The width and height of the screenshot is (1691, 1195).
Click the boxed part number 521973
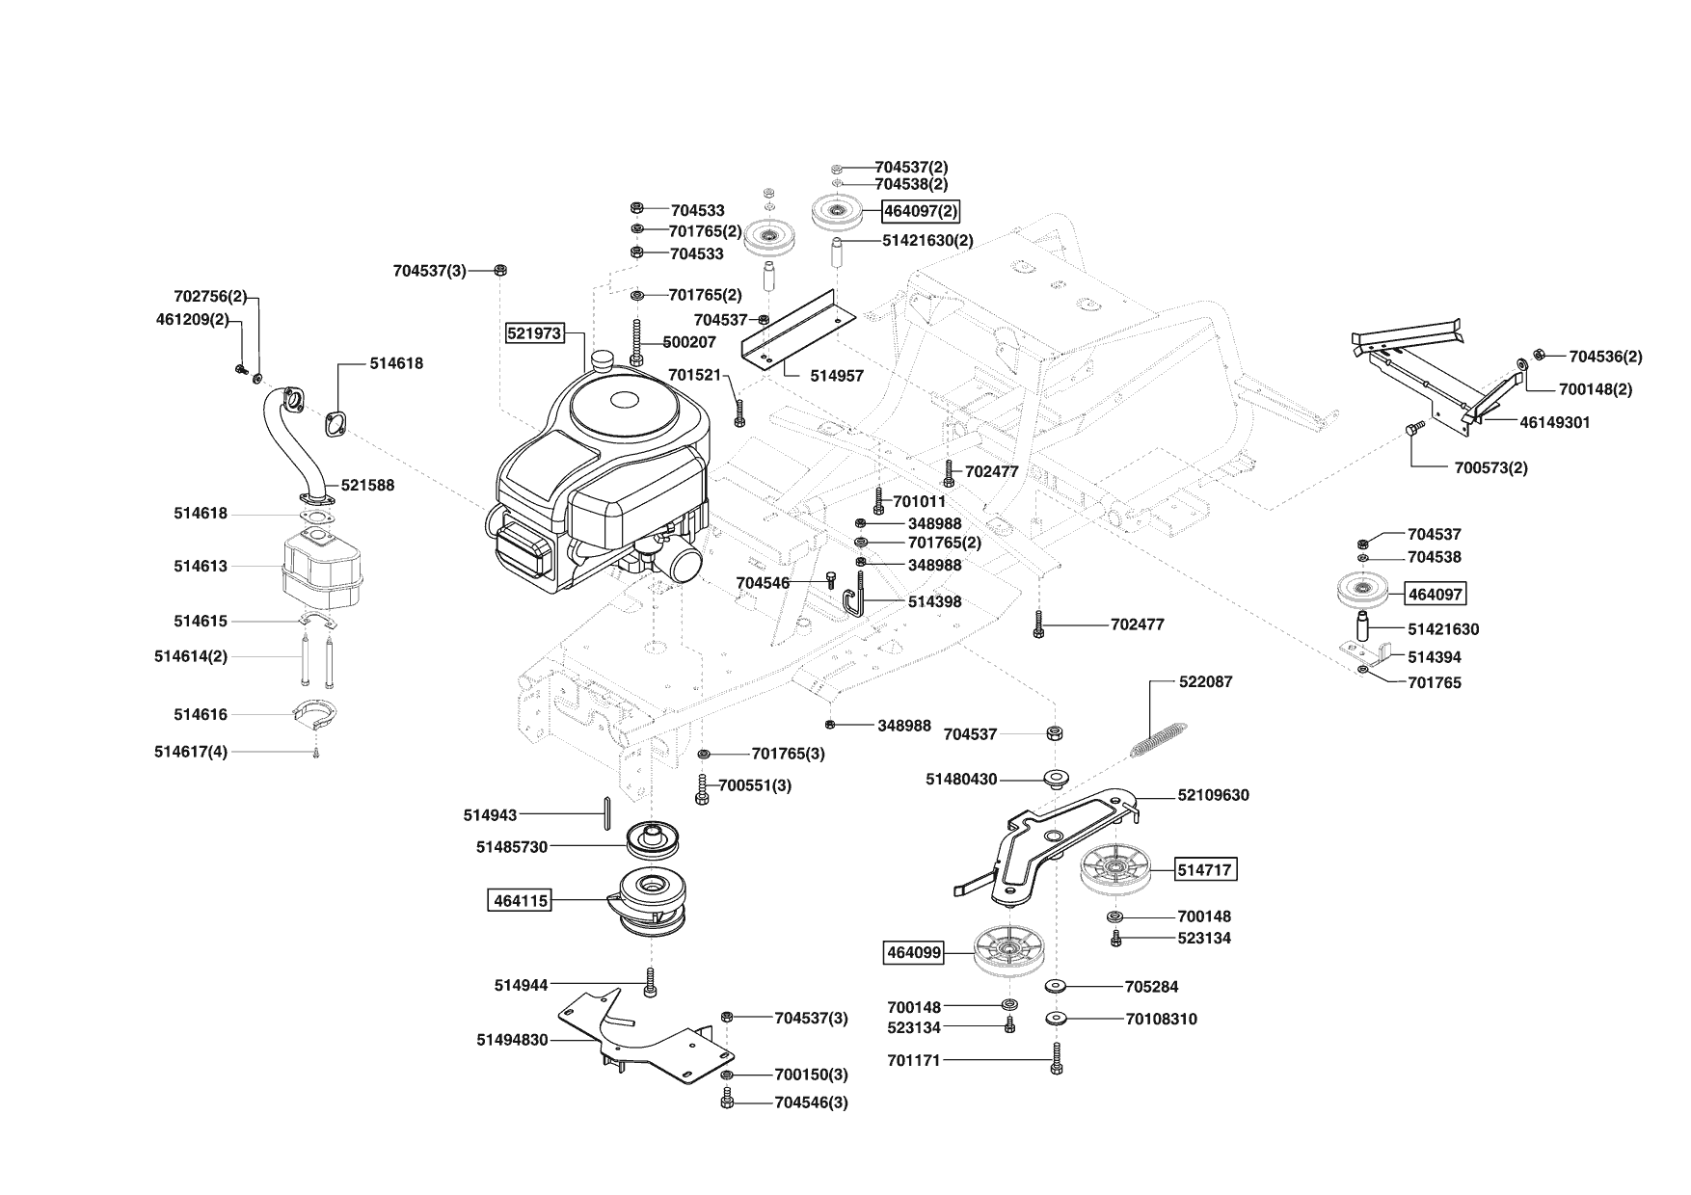534,333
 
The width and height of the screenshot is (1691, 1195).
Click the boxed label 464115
521,901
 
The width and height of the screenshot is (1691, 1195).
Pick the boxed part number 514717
1205,869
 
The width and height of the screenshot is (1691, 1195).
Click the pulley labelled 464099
1009,951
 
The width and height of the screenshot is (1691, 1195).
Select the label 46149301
1555,422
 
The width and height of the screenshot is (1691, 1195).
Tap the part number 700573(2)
1490,468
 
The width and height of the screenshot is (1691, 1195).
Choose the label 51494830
512,1040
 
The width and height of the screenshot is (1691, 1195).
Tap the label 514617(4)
191,752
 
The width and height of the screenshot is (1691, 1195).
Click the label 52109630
1213,796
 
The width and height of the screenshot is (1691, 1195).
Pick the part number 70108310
1161,1019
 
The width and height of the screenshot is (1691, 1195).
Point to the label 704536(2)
1605,357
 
